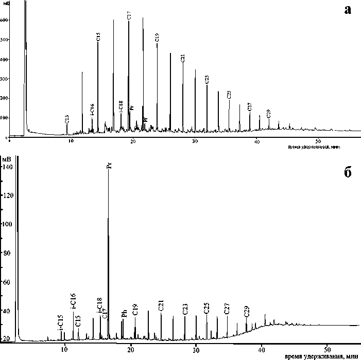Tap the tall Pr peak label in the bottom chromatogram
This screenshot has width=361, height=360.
click(x=108, y=166)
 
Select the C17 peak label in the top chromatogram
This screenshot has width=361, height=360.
click(x=129, y=16)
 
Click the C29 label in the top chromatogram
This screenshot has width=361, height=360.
click(x=268, y=113)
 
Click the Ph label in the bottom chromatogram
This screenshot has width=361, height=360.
click(x=124, y=314)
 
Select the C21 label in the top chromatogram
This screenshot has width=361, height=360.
click(x=182, y=58)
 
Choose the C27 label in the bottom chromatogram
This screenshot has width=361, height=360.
click(x=227, y=309)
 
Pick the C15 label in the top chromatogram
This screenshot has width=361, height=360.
click(x=98, y=37)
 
